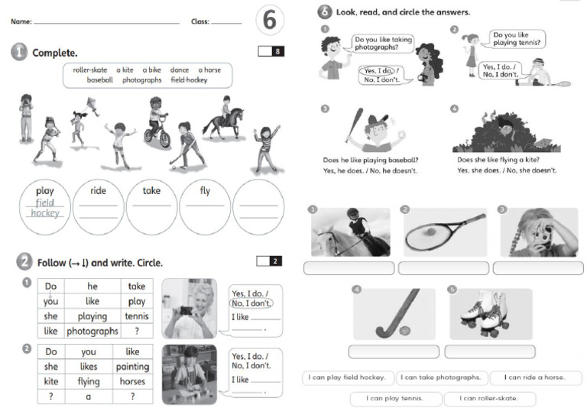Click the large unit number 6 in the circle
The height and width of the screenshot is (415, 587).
coord(269,21)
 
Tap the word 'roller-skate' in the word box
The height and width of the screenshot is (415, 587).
coord(90,70)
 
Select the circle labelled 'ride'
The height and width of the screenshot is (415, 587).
coord(98,206)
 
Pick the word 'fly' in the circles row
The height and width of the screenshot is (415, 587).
coord(205,191)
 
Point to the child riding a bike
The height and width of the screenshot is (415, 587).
coord(157,122)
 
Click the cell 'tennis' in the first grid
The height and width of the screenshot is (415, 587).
coord(137,316)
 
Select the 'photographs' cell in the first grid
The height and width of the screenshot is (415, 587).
coord(92,331)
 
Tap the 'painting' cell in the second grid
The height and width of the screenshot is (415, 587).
coord(132,366)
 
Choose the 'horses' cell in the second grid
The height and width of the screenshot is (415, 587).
coord(132,381)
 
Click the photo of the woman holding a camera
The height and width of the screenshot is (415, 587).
coord(189,308)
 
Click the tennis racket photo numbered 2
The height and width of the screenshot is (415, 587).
coord(444,232)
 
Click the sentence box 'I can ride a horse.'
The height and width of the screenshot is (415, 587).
coord(535,378)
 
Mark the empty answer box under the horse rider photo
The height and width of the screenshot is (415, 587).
coord(349,268)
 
